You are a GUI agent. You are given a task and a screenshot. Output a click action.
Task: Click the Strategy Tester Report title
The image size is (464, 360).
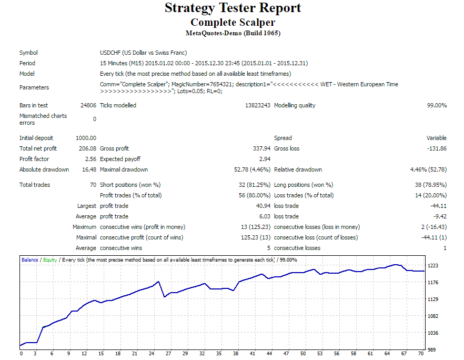click(x=233, y=8)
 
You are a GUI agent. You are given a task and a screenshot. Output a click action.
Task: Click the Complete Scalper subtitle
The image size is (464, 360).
click(x=233, y=23)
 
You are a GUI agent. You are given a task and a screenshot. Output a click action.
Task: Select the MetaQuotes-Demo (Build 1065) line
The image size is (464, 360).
click(x=233, y=33)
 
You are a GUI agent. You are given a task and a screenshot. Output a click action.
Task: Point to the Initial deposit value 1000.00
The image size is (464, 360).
click(x=86, y=138)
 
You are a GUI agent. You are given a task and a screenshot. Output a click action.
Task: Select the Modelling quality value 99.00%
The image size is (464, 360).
click(x=436, y=105)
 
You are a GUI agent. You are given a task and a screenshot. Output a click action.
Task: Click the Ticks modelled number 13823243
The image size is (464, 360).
click(x=257, y=105)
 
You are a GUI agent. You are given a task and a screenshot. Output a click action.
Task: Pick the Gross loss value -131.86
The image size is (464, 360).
click(x=436, y=148)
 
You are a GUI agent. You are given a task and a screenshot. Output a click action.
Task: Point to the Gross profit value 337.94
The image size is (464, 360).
click(x=261, y=148)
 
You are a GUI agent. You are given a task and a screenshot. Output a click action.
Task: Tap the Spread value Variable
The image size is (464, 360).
click(x=436, y=138)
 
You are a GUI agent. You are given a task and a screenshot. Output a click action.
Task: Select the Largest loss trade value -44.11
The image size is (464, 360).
click(x=438, y=206)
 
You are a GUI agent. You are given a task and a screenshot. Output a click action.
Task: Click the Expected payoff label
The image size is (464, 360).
click(x=120, y=159)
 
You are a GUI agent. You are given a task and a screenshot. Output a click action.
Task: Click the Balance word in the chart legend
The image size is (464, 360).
click(x=29, y=260)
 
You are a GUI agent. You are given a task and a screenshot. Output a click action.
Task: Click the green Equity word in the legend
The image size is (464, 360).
click(x=49, y=260)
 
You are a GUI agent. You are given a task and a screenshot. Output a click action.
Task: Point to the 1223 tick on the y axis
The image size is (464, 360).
click(x=433, y=266)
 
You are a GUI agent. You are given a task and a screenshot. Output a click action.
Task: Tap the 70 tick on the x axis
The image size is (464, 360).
click(x=421, y=354)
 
